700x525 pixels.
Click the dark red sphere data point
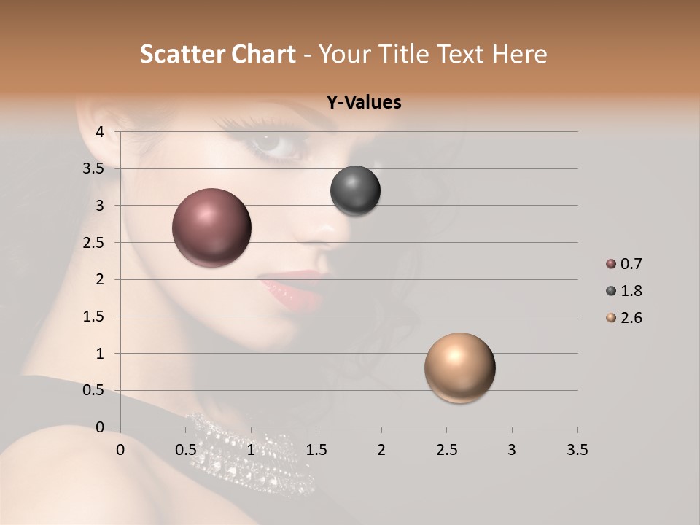point(212,227)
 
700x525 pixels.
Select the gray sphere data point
point(355,191)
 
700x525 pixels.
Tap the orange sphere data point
point(459,367)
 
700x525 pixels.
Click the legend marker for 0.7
point(610,264)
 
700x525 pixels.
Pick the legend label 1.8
point(631,291)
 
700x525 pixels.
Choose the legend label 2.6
point(631,318)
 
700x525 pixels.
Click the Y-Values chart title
point(364,103)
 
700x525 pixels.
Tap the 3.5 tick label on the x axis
point(577,450)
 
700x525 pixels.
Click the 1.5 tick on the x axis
point(316,450)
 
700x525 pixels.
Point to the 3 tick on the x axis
point(511,450)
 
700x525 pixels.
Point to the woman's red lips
point(292,287)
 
